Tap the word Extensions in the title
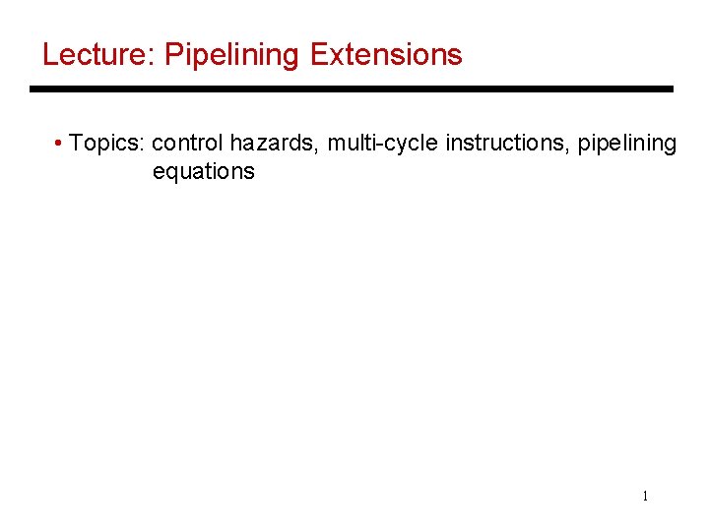[x=386, y=55]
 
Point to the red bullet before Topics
[x=60, y=145]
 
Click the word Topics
[x=106, y=144]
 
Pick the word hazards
[x=273, y=144]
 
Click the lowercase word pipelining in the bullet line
[x=627, y=144]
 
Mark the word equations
[x=203, y=171]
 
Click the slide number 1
[x=645, y=497]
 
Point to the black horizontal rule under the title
[x=352, y=89]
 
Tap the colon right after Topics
[x=145, y=146]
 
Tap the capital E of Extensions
[x=318, y=55]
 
